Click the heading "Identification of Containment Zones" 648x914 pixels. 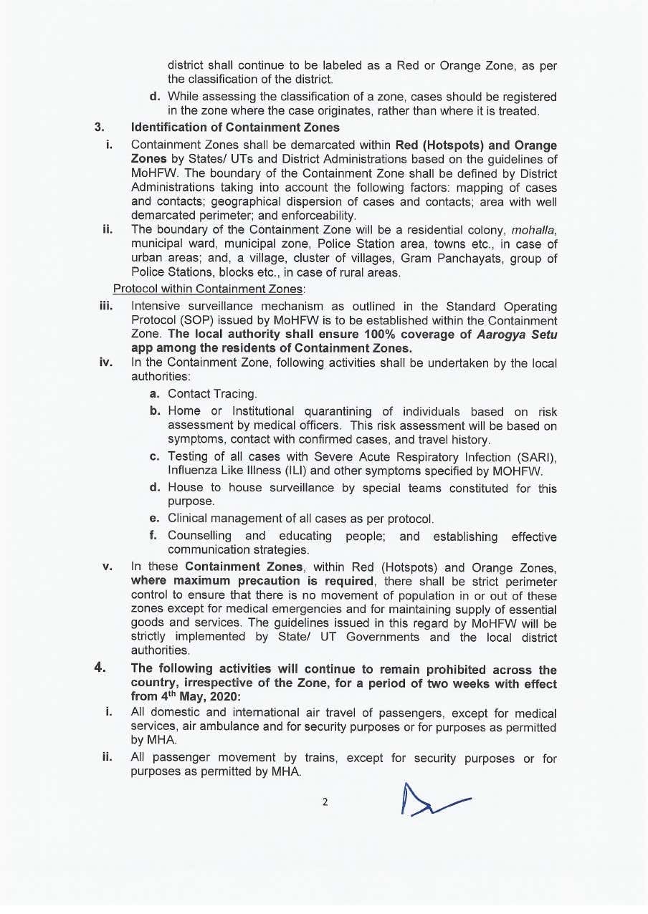[x=235, y=128]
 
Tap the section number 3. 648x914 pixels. [x=100, y=128]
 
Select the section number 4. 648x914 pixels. [x=100, y=668]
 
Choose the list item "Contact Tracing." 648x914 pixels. [x=212, y=393]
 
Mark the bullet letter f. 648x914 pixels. [x=153, y=535]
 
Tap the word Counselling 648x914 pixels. [x=200, y=536]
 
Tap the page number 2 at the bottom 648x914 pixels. [x=325, y=802]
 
